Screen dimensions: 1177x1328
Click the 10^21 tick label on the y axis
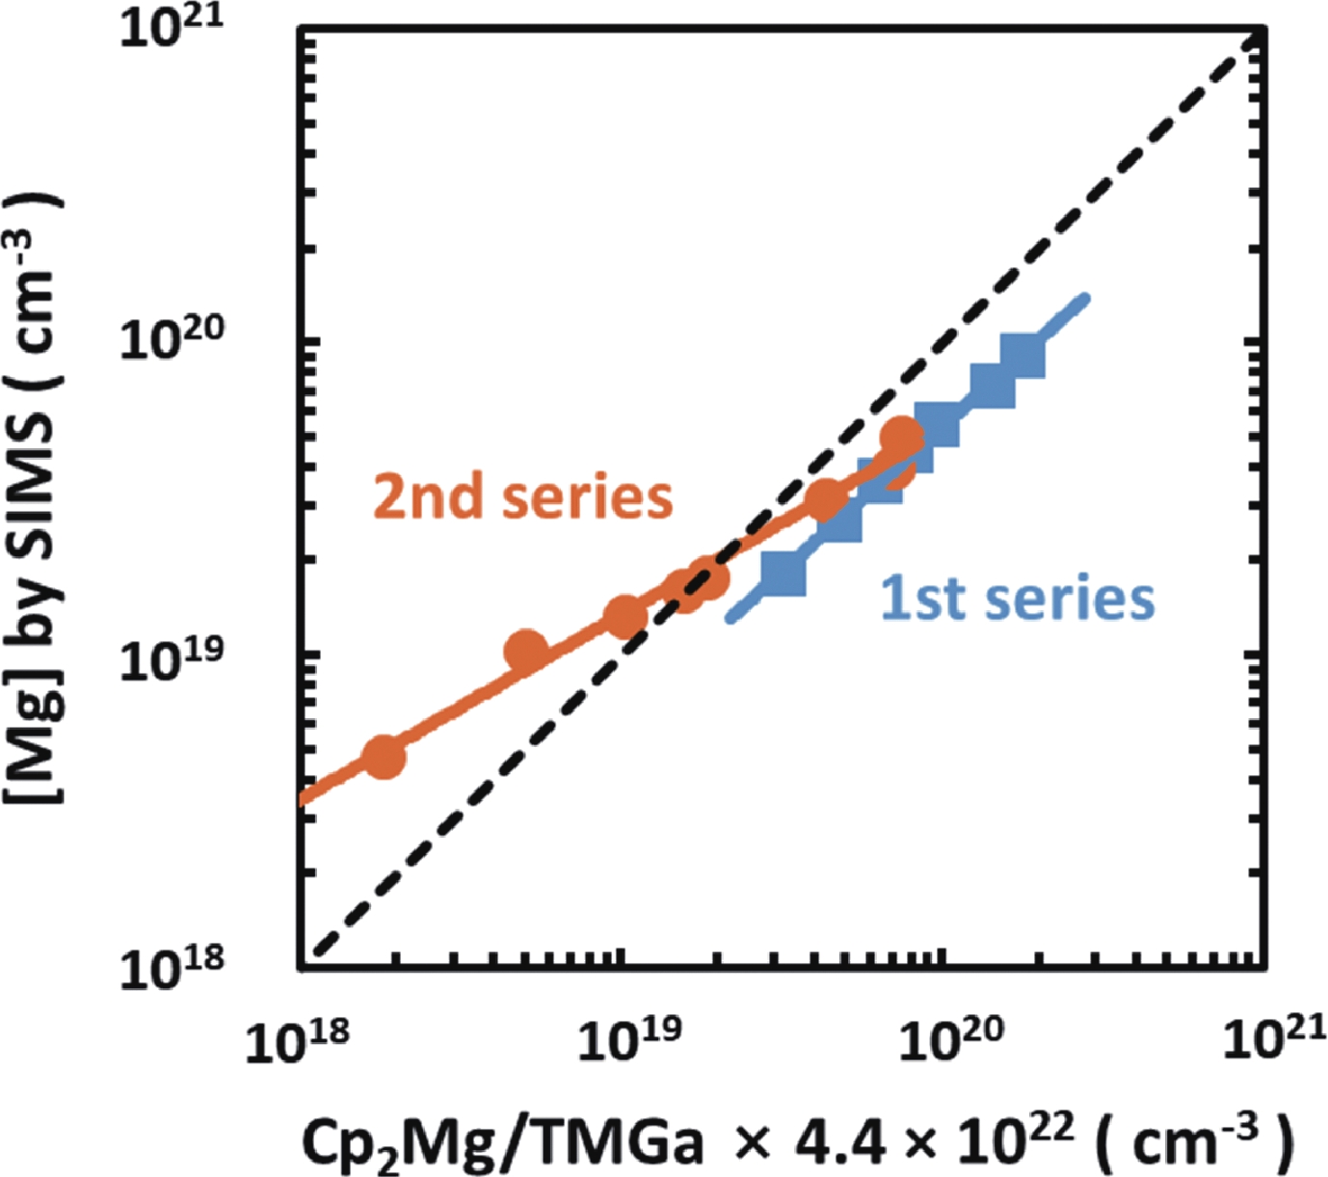click(x=170, y=27)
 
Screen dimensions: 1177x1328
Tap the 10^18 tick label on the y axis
click(x=170, y=966)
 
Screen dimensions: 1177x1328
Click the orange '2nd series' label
click(x=522, y=497)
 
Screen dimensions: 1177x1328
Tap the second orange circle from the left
click(x=525, y=653)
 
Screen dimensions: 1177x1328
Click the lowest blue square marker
click(x=784, y=574)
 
